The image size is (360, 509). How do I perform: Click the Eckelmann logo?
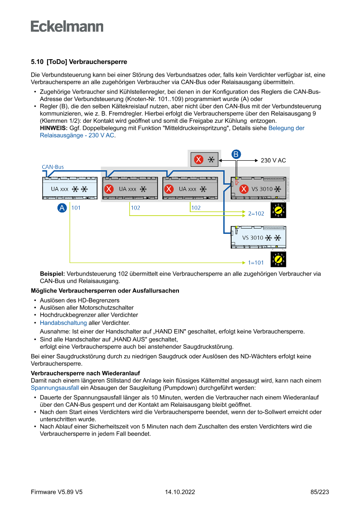coord(67,26)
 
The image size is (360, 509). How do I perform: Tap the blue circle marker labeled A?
coord(62,208)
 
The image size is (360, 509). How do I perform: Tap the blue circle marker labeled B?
coord(236,154)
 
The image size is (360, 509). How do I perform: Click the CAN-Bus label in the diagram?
coord(53,167)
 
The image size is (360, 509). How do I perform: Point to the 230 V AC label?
coord(273,160)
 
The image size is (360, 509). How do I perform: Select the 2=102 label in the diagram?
coord(256,214)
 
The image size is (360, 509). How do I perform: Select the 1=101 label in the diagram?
coord(256,263)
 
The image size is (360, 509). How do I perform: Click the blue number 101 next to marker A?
coord(76,208)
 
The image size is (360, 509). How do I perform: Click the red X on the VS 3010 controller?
coord(244,189)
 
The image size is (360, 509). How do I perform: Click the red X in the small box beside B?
coord(199,159)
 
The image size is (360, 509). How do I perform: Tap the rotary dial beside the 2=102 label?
coord(278,211)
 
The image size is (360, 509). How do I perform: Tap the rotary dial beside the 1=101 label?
coord(278,260)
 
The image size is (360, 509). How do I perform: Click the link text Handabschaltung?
coord(63,323)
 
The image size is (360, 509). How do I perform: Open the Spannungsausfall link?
coord(55,387)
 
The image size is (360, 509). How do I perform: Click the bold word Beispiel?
coord(52,274)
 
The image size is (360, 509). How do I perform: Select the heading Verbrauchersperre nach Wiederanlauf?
coord(85,374)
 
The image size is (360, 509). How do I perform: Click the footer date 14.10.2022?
coord(180,492)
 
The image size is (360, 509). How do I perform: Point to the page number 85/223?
coord(320,492)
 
